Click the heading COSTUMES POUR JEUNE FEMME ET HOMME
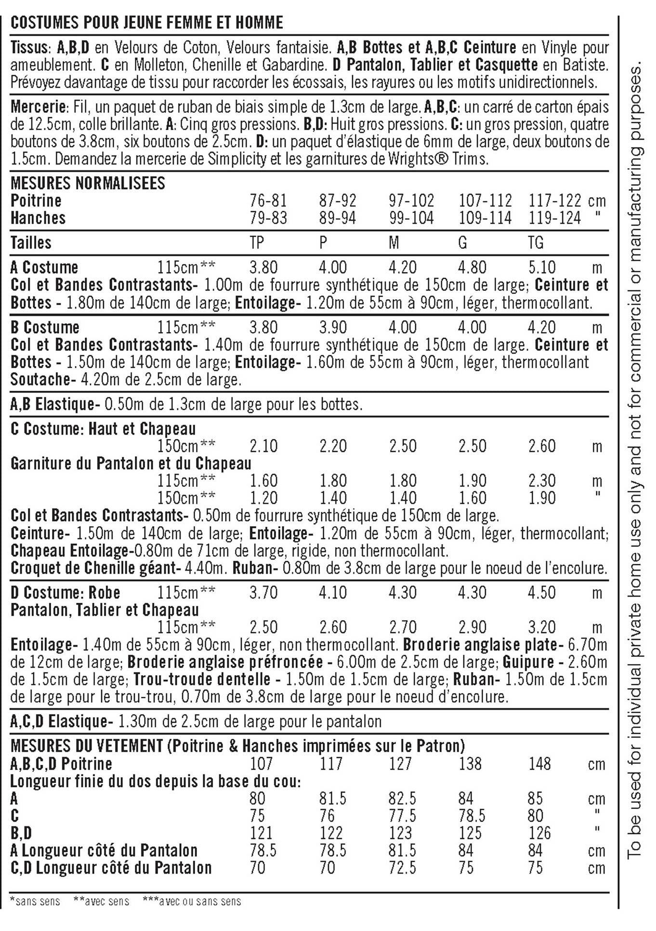(x=146, y=23)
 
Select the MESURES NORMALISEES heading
(x=88, y=183)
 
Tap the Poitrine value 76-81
(x=268, y=200)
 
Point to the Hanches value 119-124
(x=555, y=218)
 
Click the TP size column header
(x=257, y=242)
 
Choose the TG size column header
(x=536, y=242)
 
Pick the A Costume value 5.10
(x=542, y=267)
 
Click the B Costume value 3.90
(x=333, y=327)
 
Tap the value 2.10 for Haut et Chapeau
(x=263, y=446)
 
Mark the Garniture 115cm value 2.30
(x=542, y=481)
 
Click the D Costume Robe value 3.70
(x=263, y=593)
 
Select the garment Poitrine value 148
(x=539, y=764)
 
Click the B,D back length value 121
(x=262, y=833)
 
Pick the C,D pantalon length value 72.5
(x=403, y=868)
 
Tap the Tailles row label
(x=31, y=242)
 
